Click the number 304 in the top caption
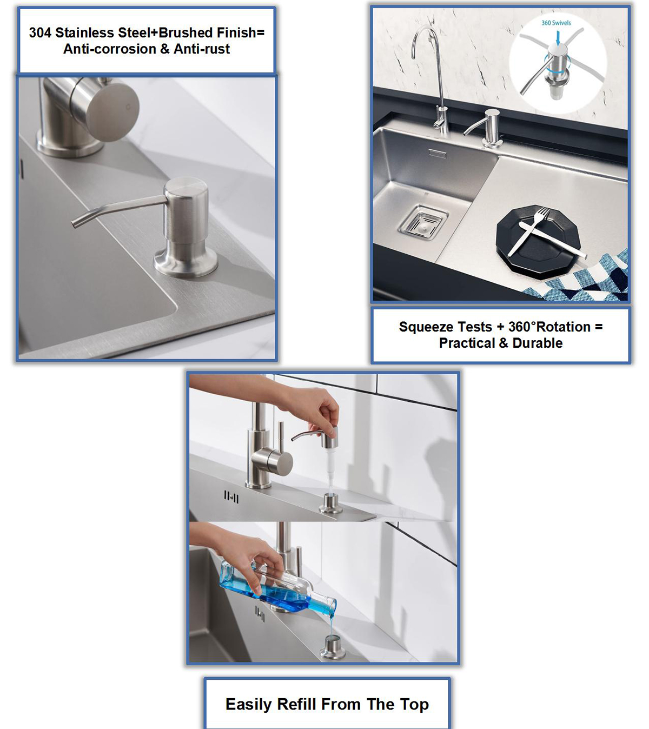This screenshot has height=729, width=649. click(40, 33)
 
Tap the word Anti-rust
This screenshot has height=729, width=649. click(202, 49)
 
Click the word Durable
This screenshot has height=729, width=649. click(538, 343)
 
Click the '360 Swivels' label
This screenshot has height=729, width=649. click(556, 23)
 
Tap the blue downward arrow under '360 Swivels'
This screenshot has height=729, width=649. click(558, 38)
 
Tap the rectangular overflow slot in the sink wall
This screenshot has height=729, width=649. click(438, 154)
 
